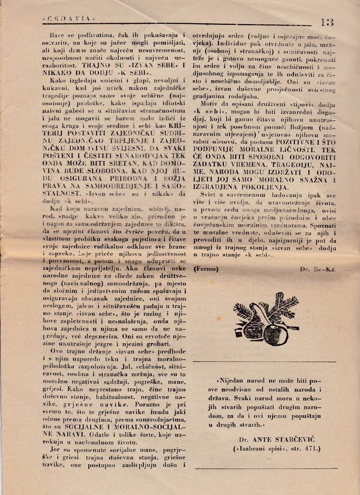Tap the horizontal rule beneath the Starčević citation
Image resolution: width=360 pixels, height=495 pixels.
click(x=266, y=468)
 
